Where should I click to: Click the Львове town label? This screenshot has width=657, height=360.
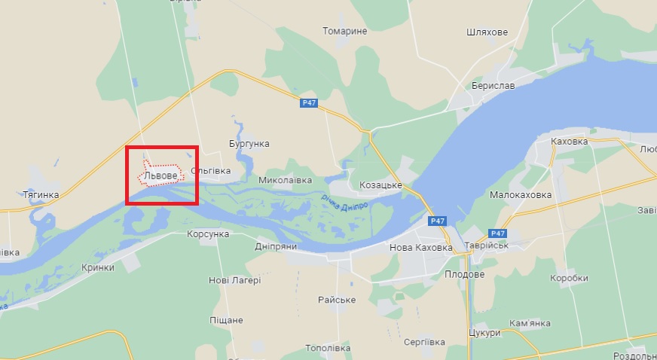160,175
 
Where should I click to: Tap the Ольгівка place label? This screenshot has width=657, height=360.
211,171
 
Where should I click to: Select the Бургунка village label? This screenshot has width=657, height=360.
249,143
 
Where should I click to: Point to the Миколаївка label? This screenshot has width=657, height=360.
285,181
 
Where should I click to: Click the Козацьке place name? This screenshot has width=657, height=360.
380,185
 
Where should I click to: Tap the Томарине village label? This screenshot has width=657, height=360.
344,32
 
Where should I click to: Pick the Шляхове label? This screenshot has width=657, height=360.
487,32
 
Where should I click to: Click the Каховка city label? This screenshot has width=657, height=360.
569,141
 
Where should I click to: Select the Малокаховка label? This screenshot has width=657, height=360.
521,194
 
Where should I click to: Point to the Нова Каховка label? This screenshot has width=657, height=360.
421,248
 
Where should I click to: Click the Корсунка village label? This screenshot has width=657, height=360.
208,234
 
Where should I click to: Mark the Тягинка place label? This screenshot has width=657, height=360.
41,194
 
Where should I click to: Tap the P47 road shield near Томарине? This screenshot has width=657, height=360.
307,103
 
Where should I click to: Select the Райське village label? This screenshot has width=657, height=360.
337,300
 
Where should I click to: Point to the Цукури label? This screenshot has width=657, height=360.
484,333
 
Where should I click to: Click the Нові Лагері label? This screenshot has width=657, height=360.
234,280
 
